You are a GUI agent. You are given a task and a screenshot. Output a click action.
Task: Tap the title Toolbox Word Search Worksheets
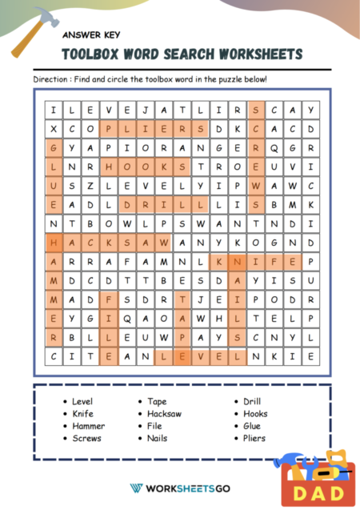coord(182,54)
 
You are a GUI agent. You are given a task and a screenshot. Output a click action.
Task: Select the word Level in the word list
coord(82,401)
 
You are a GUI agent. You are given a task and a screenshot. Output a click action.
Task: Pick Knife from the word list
coord(82,414)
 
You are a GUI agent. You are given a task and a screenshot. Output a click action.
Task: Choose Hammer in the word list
coord(87,426)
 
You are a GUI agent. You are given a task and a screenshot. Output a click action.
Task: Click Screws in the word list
coord(86,438)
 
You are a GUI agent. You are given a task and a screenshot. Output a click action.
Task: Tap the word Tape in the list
coord(157,401)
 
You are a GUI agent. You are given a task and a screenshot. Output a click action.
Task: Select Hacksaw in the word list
coord(164,414)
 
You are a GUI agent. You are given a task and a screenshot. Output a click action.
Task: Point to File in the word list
coord(155,426)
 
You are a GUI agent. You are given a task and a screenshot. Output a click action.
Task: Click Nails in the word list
coord(158,438)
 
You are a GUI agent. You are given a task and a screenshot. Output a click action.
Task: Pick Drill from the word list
coord(251,401)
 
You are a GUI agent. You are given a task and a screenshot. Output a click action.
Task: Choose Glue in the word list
coord(252,426)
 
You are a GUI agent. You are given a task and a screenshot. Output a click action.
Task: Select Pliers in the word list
coord(254,438)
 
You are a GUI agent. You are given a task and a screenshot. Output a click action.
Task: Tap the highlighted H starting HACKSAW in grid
coord(54,241)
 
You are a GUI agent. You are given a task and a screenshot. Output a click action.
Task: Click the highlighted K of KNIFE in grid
coord(218,261)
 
